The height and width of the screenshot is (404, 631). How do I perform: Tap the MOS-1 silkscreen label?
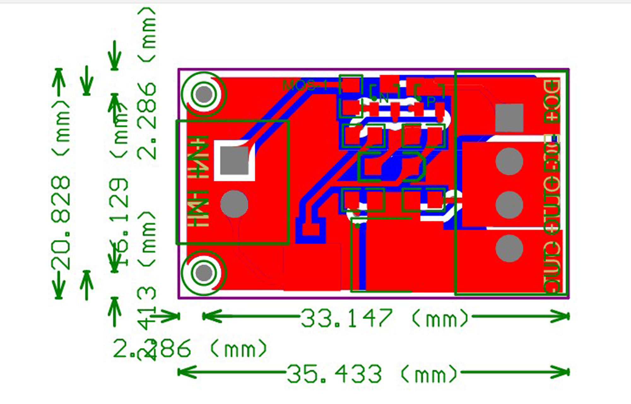click(x=304, y=86)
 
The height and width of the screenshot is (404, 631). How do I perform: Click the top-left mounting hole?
click(x=204, y=94)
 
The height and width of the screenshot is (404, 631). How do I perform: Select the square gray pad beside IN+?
click(x=234, y=160)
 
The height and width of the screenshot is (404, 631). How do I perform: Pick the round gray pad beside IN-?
click(x=234, y=204)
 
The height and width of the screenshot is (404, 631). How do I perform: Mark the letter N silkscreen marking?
click(x=384, y=98)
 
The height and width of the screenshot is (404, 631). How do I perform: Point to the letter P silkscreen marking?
click(x=431, y=100)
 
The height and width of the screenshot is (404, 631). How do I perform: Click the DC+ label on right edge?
click(x=551, y=101)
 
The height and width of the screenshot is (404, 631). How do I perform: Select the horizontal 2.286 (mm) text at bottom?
click(x=189, y=349)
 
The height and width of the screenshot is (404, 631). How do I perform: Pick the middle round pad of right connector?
click(x=509, y=205)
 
